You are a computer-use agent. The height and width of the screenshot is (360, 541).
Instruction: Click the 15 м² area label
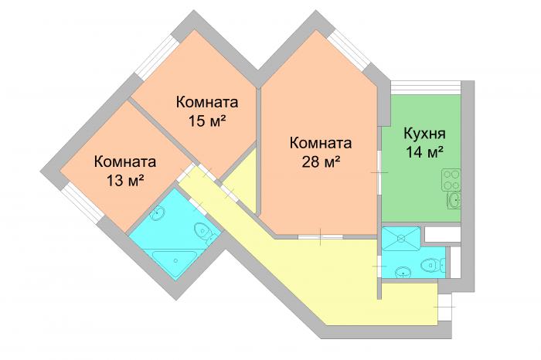207,121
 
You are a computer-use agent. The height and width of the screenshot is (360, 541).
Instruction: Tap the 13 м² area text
125,180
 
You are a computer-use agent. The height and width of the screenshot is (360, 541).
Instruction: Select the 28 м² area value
322,161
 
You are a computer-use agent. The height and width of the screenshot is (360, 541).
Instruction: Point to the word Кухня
425,134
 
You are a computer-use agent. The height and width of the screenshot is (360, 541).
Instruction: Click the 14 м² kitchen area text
424,151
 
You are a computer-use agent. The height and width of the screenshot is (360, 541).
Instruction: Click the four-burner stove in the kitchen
451,180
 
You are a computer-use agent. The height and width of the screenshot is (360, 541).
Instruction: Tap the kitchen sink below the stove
454,200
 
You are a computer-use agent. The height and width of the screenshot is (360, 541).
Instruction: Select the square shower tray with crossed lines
401,238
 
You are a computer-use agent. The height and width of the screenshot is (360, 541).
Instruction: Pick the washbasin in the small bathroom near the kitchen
403,273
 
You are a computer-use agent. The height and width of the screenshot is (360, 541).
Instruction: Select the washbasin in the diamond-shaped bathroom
158,212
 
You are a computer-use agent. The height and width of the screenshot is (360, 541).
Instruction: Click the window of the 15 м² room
156,58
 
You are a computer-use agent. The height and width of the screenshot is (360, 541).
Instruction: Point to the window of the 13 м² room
82,203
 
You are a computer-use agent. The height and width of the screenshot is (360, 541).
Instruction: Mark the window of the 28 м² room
349,51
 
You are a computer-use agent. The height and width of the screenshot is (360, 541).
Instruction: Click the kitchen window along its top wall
426,87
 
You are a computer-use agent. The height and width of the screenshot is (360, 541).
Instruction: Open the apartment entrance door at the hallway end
445,307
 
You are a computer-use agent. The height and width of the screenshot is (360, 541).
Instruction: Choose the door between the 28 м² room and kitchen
379,172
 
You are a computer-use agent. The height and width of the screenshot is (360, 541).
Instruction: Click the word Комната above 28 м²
321,143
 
